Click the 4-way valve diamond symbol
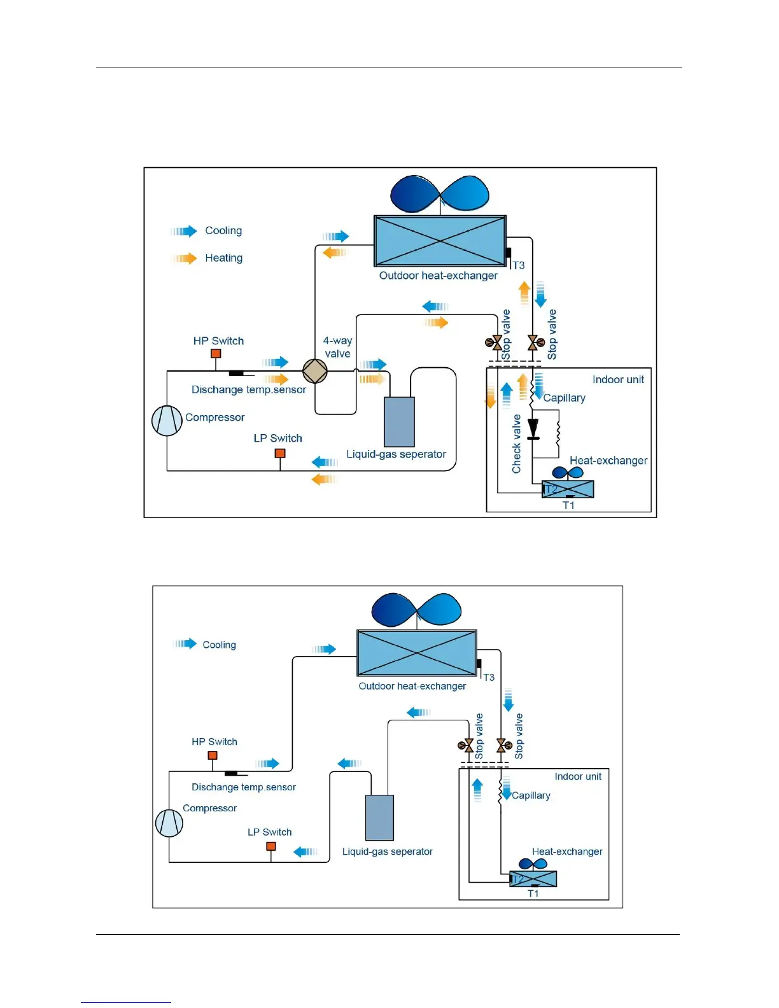[x=314, y=371]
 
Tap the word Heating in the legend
[x=223, y=258]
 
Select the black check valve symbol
[x=533, y=429]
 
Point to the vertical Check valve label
[x=516, y=444]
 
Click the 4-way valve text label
[x=337, y=347]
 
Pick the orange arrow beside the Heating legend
[x=184, y=258]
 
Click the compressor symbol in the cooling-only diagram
[x=169, y=823]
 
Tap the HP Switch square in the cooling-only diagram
[x=213, y=755]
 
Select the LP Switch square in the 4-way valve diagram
[x=280, y=453]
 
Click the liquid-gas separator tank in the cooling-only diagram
[x=379, y=818]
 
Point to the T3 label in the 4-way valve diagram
[x=519, y=265]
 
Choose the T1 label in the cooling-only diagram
[x=533, y=893]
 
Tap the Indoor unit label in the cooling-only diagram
[x=578, y=776]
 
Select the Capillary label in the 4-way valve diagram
[x=564, y=398]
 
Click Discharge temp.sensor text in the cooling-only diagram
[x=244, y=787]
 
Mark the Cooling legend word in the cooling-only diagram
[x=219, y=645]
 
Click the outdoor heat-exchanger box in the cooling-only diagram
[x=417, y=653]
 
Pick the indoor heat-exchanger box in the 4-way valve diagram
[x=568, y=489]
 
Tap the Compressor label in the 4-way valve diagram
[x=214, y=417]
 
